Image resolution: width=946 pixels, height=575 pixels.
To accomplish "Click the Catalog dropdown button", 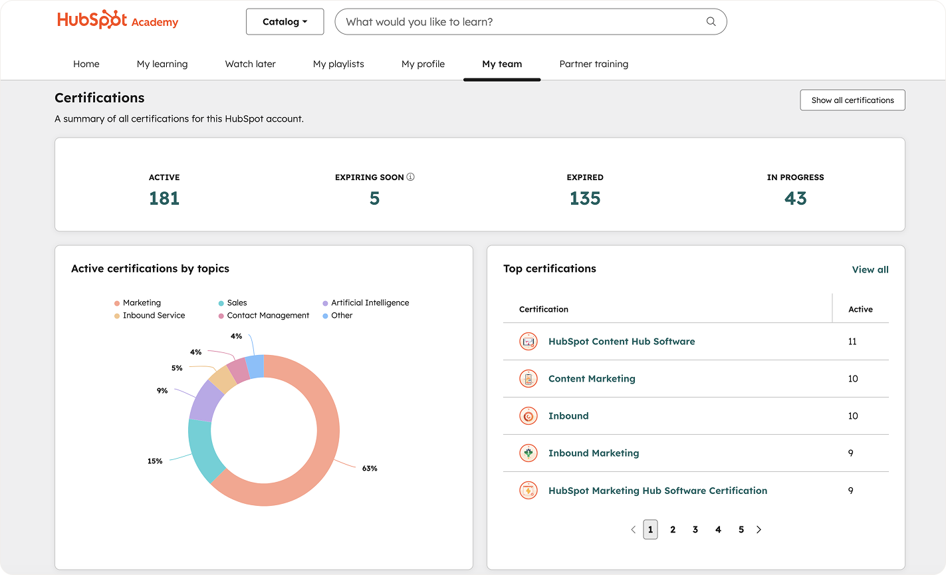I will pyautogui.click(x=285, y=22).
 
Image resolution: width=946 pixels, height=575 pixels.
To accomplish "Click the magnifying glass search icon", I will pyautogui.click(x=711, y=22).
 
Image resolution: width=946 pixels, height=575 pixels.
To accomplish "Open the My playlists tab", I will pyautogui.click(x=338, y=64).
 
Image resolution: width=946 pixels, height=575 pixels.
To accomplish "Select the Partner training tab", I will pyautogui.click(x=594, y=64).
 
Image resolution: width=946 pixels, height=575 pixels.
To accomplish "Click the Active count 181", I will pyautogui.click(x=164, y=199).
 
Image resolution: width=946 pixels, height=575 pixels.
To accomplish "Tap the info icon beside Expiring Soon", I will pyautogui.click(x=410, y=177).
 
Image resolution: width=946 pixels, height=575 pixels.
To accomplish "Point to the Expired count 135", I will pyautogui.click(x=585, y=199).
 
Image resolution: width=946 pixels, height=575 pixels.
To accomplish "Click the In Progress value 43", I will pyautogui.click(x=795, y=199).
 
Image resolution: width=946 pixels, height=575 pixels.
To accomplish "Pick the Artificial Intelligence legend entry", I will pyautogui.click(x=370, y=303).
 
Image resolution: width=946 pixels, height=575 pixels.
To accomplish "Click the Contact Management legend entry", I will pyautogui.click(x=268, y=316).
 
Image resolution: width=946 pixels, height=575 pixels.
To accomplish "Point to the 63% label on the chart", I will pyautogui.click(x=370, y=469).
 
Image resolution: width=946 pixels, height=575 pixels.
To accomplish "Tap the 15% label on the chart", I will pyautogui.click(x=155, y=461).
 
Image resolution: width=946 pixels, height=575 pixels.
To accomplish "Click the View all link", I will pyautogui.click(x=870, y=270).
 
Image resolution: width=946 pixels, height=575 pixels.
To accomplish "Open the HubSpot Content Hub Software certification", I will pyautogui.click(x=621, y=342).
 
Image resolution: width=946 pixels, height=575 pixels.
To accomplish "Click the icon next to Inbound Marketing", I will pyautogui.click(x=528, y=453).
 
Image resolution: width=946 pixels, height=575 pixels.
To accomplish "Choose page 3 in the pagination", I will pyautogui.click(x=695, y=530).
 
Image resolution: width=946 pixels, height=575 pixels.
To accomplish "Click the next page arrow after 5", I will pyautogui.click(x=759, y=530).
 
